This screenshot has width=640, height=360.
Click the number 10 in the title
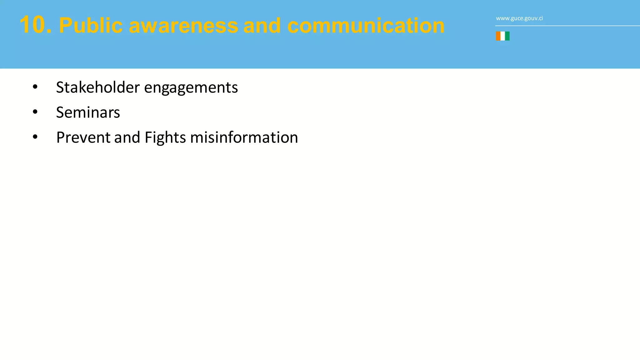(35, 25)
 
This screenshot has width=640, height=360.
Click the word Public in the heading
(91, 26)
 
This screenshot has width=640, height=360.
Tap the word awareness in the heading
(183, 26)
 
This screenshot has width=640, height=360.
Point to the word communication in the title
(366, 26)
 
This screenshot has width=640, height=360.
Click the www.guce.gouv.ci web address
(519, 18)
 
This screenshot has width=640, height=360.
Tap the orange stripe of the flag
(498, 36)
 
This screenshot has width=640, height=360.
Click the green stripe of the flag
(507, 36)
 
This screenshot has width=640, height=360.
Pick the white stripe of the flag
(502, 36)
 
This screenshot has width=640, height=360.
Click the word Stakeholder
(98, 87)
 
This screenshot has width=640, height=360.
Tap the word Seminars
(88, 112)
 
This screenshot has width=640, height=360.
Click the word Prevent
(83, 137)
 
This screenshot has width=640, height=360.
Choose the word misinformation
(244, 137)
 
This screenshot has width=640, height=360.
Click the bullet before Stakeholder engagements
(35, 87)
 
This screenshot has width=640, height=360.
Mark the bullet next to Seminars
(35, 112)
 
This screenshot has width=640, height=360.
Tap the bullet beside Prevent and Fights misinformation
(35, 137)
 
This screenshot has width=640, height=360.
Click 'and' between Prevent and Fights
(127, 137)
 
